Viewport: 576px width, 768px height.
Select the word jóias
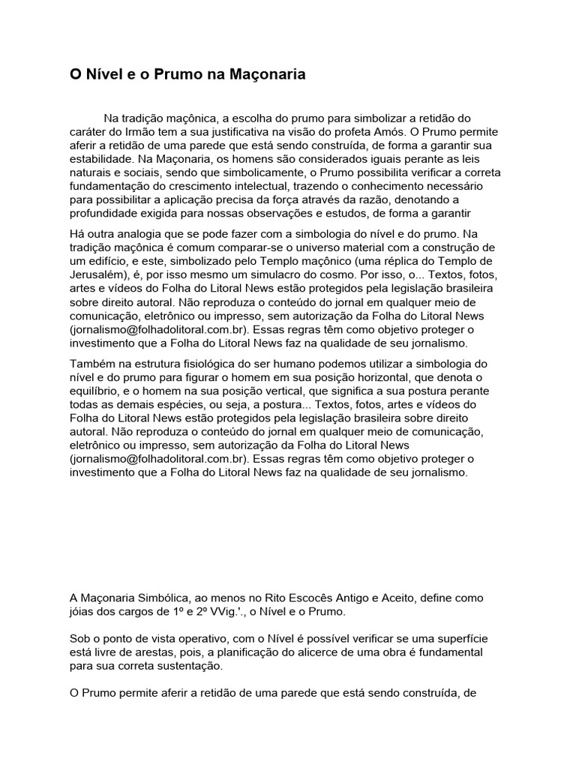click(x=83, y=612)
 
